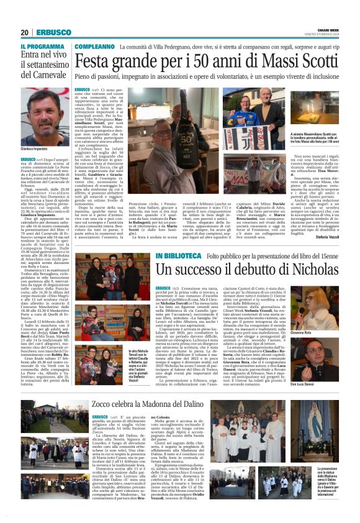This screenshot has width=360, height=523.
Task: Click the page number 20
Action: coord(25,32)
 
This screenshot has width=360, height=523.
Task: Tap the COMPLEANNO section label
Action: coord(94,47)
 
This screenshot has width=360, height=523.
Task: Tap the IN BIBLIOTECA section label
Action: coord(178,255)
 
